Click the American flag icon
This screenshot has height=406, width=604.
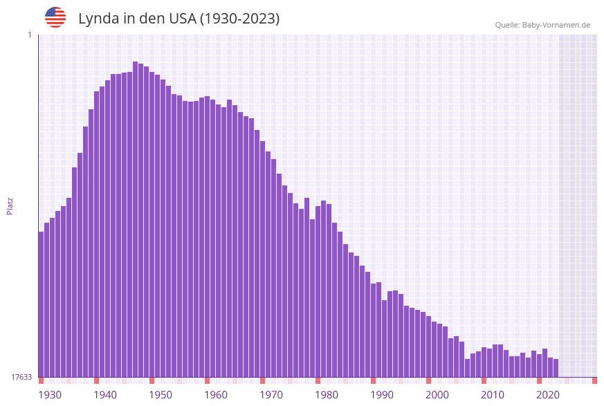pyautogui.click(x=55, y=17)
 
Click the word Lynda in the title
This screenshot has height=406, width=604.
pyautogui.click(x=98, y=19)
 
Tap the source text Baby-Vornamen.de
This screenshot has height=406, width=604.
pyautogui.click(x=556, y=25)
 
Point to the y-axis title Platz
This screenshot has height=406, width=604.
pyautogui.click(x=10, y=205)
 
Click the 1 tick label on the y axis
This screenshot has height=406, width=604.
pyautogui.click(x=29, y=35)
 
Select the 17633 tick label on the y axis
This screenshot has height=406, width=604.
pyautogui.click(x=21, y=377)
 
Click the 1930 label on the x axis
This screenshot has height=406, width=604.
pyautogui.click(x=50, y=395)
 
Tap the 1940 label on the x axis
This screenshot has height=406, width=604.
pyautogui.click(x=105, y=395)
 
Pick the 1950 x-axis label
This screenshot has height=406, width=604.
pyautogui.click(x=161, y=395)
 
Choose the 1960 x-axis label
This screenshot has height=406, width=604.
pyautogui.click(x=216, y=395)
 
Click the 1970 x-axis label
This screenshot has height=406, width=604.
pyautogui.click(x=271, y=395)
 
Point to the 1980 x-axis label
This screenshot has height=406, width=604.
pyautogui.click(x=327, y=395)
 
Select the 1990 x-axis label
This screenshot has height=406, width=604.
pyautogui.click(x=382, y=395)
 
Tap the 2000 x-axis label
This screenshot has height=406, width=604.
pyautogui.click(x=437, y=395)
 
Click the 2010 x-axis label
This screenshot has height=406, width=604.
pyautogui.click(x=493, y=395)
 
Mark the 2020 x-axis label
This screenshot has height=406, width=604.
pyautogui.click(x=548, y=395)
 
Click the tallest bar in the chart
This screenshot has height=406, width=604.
pyautogui.click(x=136, y=207)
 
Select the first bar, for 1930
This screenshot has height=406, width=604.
pyautogui.click(x=42, y=304)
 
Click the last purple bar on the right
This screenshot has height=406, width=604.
pyautogui.click(x=556, y=368)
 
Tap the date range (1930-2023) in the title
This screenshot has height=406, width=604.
pyautogui.click(x=239, y=19)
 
